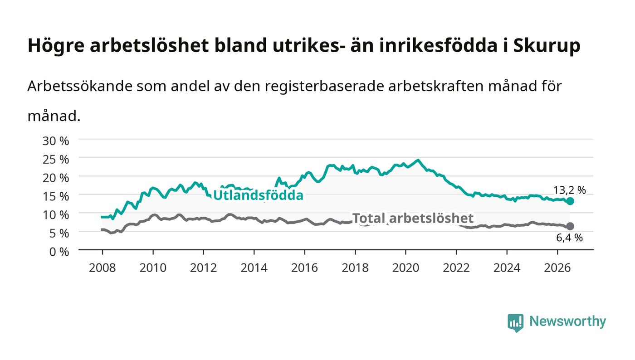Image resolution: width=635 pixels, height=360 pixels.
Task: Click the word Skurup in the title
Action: pyautogui.click(x=547, y=46)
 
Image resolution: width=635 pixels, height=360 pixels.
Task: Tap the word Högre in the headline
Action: pyautogui.click(x=56, y=46)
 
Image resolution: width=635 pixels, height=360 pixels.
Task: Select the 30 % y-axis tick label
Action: pyautogui.click(x=55, y=141)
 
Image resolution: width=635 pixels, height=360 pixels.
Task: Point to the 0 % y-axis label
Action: pyautogui.click(x=59, y=252)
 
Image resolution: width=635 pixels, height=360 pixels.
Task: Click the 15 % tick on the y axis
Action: pyautogui.click(x=55, y=196)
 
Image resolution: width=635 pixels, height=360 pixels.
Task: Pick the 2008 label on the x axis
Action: pyautogui.click(x=103, y=268)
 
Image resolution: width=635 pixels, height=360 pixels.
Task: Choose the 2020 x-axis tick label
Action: pyautogui.click(x=405, y=268)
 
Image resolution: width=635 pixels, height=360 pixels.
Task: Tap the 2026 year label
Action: pyautogui.click(x=557, y=268)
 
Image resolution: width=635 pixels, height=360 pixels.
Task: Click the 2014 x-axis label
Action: pyautogui.click(x=254, y=268)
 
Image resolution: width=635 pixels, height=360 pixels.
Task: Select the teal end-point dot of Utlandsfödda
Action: pyautogui.click(x=570, y=201)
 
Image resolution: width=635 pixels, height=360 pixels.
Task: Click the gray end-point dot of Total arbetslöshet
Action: pyautogui.click(x=570, y=226)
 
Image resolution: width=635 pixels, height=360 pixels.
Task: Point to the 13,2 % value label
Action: pyautogui.click(x=570, y=190)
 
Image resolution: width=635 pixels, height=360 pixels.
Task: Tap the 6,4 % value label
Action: pyautogui.click(x=569, y=238)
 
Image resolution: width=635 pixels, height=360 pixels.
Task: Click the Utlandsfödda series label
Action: pyautogui.click(x=258, y=195)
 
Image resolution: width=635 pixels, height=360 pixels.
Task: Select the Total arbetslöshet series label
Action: pyautogui.click(x=413, y=218)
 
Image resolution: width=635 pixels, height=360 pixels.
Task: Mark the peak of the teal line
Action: pyautogui.click(x=418, y=160)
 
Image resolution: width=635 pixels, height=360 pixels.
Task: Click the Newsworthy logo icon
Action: pyautogui.click(x=515, y=322)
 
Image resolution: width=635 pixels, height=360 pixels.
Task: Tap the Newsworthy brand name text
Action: pyautogui.click(x=567, y=321)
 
